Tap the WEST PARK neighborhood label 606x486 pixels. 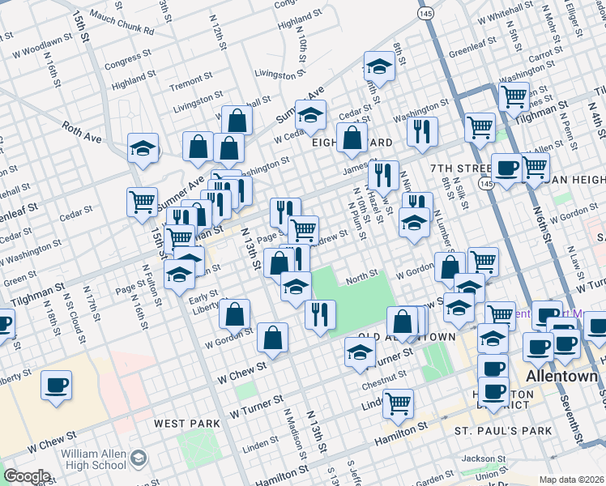[187, 424]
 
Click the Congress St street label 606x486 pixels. [122, 59]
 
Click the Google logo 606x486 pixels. [27, 476]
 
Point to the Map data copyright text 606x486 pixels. [572, 480]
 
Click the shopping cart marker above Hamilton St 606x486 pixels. [399, 403]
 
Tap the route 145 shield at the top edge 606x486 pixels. [425, 14]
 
